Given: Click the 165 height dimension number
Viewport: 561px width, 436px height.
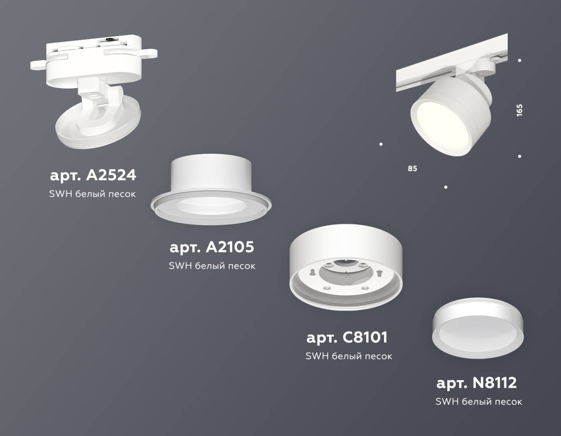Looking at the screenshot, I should pyautogui.click(x=520, y=110).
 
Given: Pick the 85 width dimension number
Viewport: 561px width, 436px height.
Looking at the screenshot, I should pyautogui.click(x=412, y=169).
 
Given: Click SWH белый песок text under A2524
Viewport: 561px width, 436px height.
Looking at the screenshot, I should pyautogui.click(x=92, y=194).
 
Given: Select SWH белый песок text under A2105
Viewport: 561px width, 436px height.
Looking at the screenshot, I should pyautogui.click(x=212, y=266).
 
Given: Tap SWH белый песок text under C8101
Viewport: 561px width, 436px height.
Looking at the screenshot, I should pyautogui.click(x=349, y=356).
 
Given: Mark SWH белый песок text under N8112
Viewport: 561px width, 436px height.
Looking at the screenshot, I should pyautogui.click(x=478, y=401).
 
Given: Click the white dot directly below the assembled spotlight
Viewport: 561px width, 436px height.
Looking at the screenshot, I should pyautogui.click(x=446, y=187).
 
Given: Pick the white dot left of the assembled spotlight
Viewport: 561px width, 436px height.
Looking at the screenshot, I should pyautogui.click(x=381, y=144).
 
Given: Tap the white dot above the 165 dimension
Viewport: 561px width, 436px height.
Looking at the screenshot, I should pyautogui.click(x=520, y=61).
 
